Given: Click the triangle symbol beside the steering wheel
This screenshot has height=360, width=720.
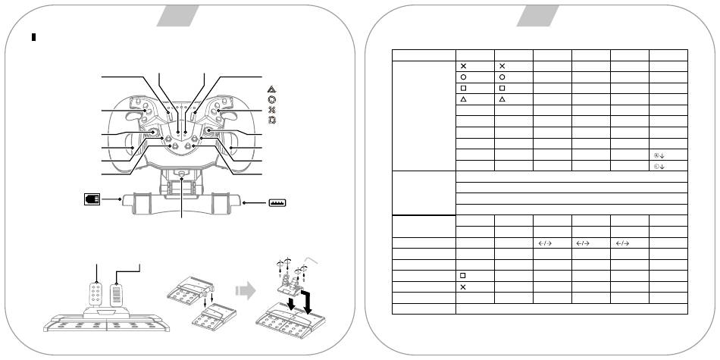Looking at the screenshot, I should tap(272, 89).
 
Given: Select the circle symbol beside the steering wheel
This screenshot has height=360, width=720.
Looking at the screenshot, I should tap(272, 99).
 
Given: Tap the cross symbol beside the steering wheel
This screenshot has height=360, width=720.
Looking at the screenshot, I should tap(272, 110).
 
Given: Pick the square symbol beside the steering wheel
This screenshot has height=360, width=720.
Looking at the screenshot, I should tap(272, 121).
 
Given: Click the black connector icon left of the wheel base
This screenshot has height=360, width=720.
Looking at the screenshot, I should tap(91, 199).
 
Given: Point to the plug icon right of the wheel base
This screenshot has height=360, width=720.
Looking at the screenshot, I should tap(275, 203).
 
